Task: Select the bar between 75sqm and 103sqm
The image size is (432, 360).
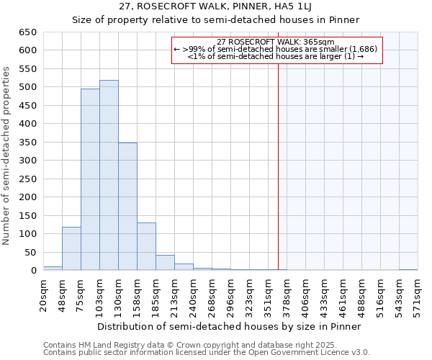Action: click(x=90, y=180)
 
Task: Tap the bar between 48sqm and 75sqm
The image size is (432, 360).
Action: click(x=71, y=249)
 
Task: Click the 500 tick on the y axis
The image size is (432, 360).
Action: click(x=27, y=87)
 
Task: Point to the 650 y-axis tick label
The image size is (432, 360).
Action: click(x=27, y=32)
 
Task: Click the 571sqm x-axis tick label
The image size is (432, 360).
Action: click(x=418, y=293)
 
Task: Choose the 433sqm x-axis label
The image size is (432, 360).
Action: click(x=325, y=293)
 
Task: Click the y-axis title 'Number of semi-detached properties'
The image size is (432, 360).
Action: click(x=7, y=156)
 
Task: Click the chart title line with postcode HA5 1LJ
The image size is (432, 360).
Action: click(x=216, y=6)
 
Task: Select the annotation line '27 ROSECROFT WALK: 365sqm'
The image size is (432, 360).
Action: click(x=276, y=42)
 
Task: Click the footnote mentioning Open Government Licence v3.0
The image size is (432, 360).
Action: click(x=207, y=352)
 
